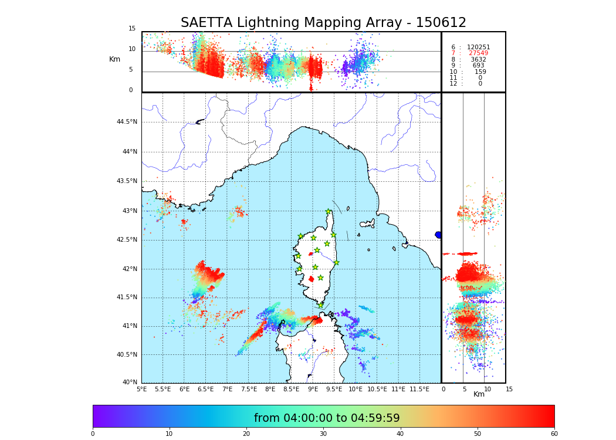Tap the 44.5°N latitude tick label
click(126, 122)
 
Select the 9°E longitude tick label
click(313, 389)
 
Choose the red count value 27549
click(478, 53)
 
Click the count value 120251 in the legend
click(478, 48)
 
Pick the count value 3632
click(478, 60)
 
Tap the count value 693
click(478, 66)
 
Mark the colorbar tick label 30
click(323, 434)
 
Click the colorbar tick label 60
click(554, 434)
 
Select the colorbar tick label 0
click(93, 434)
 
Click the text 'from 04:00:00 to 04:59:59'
click(327, 418)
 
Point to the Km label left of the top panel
click(114, 59)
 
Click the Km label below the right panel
click(479, 394)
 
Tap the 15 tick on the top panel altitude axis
click(132, 29)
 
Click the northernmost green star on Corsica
click(329, 212)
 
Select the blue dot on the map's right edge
click(438, 235)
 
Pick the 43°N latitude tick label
click(128, 211)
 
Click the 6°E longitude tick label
click(184, 389)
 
